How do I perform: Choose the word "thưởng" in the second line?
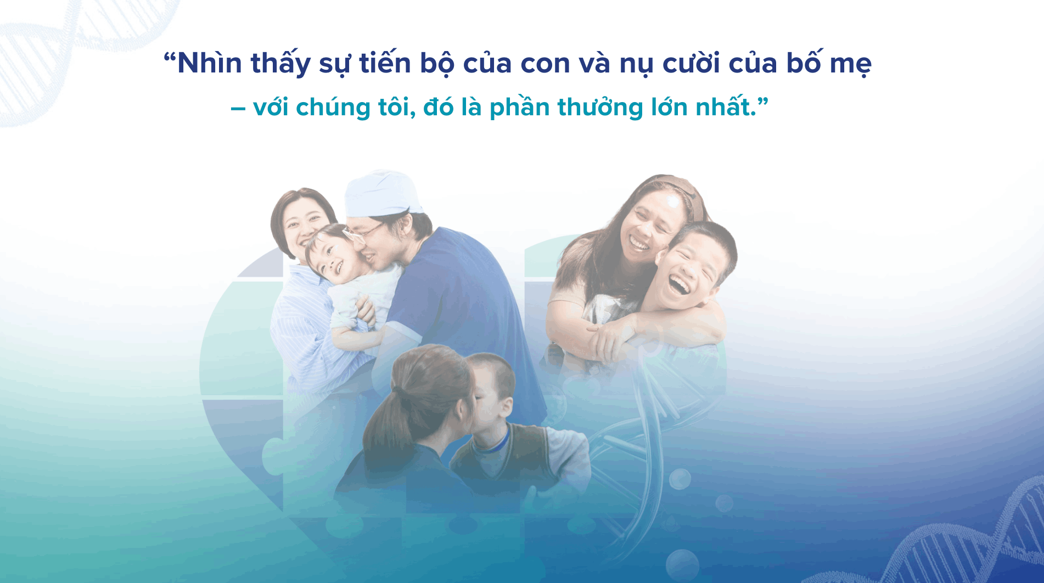click(600, 108)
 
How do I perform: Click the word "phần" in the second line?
click(519, 106)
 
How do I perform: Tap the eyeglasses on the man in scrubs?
click(362, 233)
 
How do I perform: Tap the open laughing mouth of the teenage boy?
click(678, 284)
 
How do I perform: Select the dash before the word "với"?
click(238, 108)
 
